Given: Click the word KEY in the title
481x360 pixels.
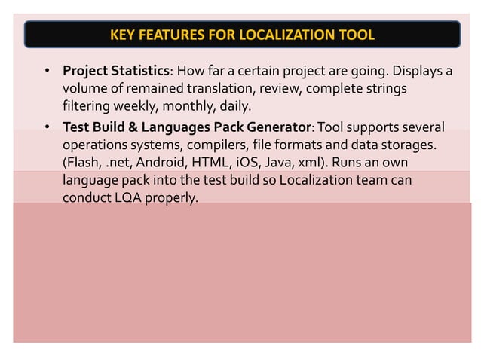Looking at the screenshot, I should (123, 35).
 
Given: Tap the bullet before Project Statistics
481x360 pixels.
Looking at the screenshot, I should (47, 72).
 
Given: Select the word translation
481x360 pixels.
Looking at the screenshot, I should (198, 89).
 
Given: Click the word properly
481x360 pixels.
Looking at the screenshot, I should (175, 199).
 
